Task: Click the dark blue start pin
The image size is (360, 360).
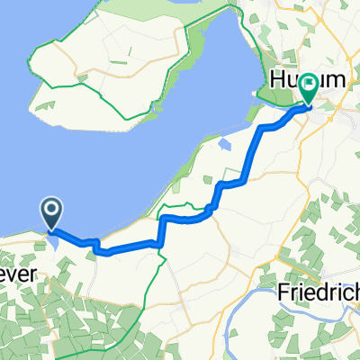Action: pos(51,212)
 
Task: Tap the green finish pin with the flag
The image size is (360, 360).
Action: pos(309,88)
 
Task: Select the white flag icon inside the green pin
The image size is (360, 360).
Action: pos(309,86)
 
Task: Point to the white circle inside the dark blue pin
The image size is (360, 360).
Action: pos(51,211)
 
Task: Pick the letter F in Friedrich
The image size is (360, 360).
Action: pos(282,292)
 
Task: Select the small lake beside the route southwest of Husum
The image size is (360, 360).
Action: pos(224,144)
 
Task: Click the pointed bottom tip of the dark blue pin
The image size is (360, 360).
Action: pos(51,228)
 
